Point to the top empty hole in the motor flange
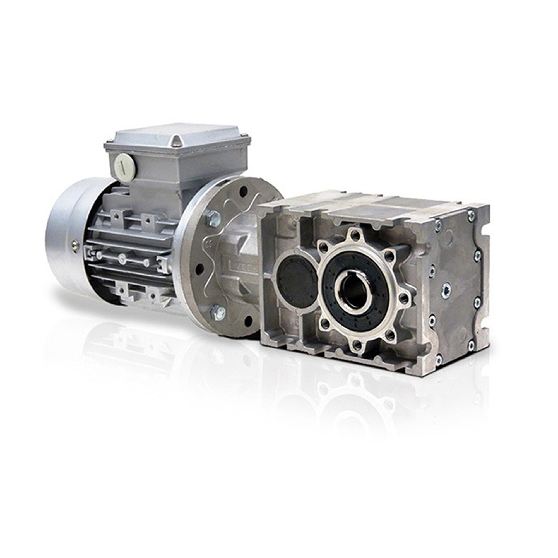244,190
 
